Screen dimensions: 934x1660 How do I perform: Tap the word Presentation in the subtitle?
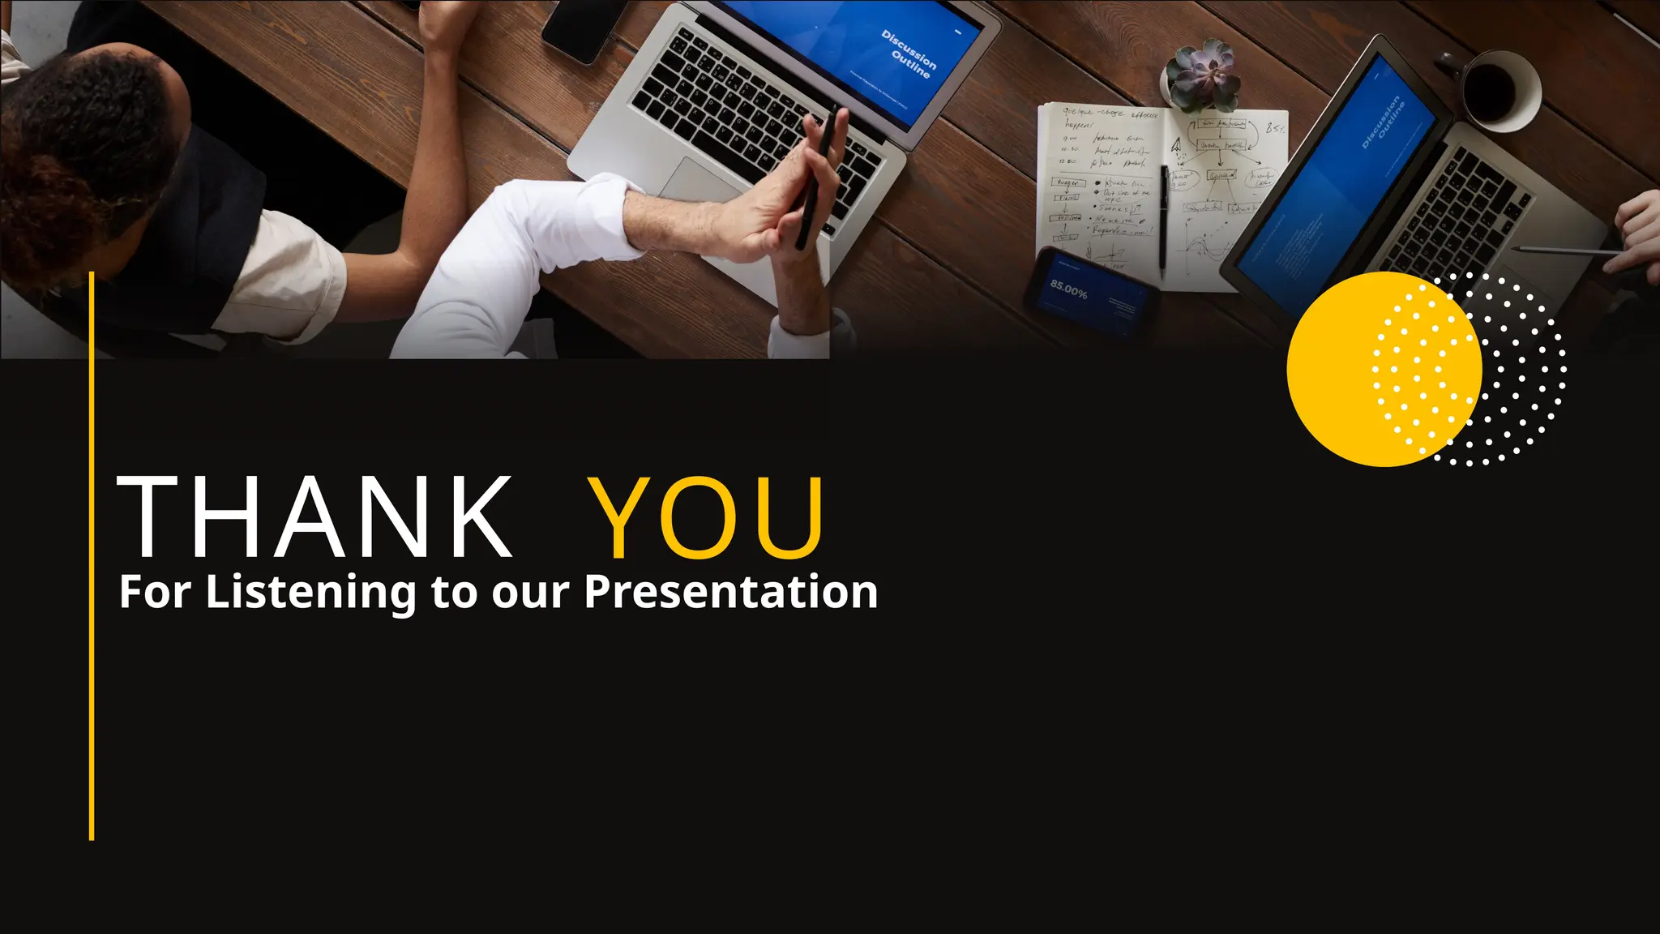[x=731, y=591]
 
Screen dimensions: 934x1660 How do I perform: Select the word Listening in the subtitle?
[x=311, y=593]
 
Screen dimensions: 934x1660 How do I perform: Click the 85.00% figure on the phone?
[x=1069, y=288]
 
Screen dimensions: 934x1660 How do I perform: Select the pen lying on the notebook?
[x=1164, y=219]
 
